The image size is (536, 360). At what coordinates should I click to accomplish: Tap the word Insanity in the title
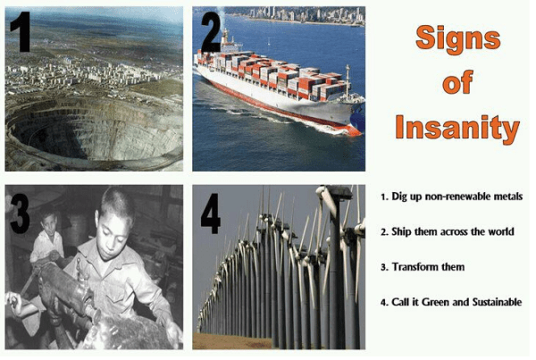[457, 128]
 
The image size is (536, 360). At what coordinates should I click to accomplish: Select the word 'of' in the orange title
[457, 82]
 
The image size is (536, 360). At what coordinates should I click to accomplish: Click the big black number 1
[21, 32]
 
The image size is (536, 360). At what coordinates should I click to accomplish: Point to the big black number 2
[211, 32]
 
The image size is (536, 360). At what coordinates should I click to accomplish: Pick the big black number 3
[20, 213]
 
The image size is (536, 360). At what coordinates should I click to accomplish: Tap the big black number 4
[210, 213]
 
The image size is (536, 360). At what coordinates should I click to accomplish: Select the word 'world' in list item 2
[500, 231]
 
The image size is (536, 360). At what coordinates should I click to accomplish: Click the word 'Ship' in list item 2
[401, 232]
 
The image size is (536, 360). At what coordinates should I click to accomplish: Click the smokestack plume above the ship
[221, 17]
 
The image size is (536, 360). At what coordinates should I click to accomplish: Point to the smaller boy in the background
[48, 236]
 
